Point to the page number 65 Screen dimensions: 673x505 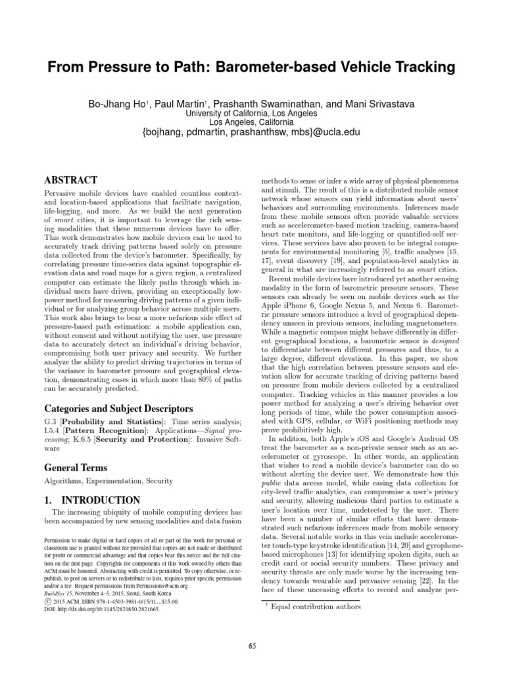pos(252,646)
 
